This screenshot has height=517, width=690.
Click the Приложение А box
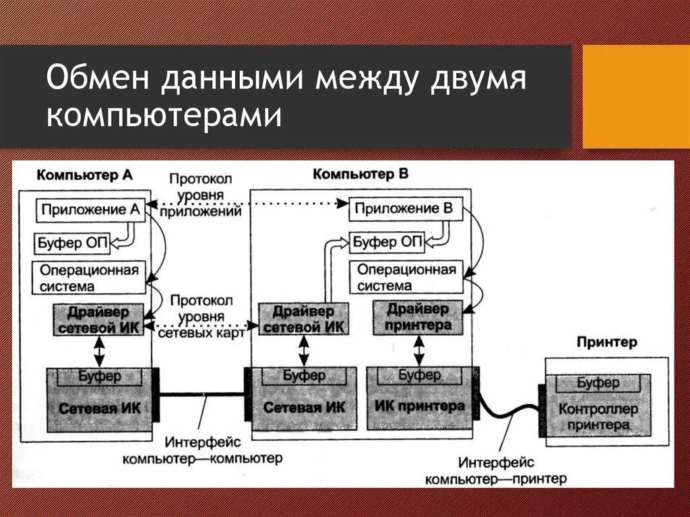pyautogui.click(x=90, y=210)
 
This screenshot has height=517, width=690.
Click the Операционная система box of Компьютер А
pyautogui.click(x=89, y=278)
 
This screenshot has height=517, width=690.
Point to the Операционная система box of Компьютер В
pyautogui.click(x=406, y=278)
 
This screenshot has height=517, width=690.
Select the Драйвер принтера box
pyautogui.click(x=418, y=317)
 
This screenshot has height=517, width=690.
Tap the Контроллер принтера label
pyautogui.click(x=598, y=417)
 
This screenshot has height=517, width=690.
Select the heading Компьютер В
pyautogui.click(x=360, y=175)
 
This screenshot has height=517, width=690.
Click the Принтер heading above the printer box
pyautogui.click(x=606, y=342)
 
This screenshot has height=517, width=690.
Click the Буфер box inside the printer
pyautogui.click(x=598, y=383)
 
